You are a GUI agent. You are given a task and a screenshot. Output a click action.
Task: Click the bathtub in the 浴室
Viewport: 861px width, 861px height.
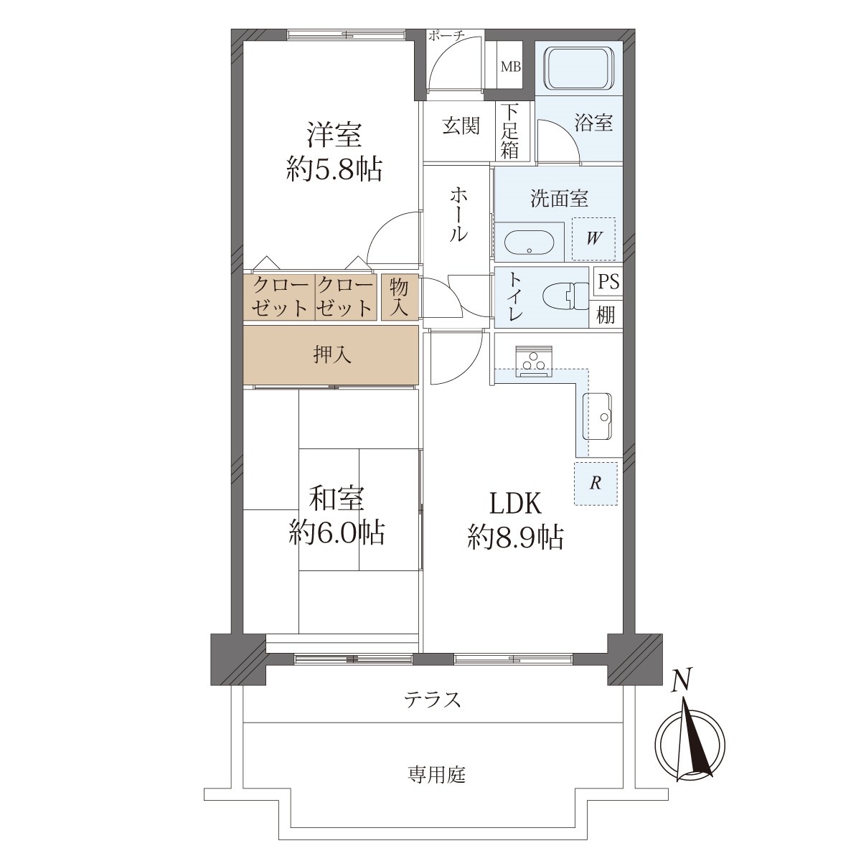click(578, 69)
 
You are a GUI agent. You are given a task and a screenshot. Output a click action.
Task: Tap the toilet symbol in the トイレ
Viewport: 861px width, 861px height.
click(566, 296)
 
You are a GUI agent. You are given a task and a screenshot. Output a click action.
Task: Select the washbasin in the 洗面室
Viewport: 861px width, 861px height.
click(530, 243)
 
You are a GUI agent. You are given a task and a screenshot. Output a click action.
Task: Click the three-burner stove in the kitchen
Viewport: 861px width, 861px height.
click(534, 361)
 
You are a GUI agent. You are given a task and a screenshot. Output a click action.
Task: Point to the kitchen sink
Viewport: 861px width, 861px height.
click(597, 416)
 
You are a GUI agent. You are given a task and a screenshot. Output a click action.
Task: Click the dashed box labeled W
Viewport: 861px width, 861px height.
click(593, 239)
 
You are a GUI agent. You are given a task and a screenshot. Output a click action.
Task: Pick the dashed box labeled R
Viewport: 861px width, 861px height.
click(596, 484)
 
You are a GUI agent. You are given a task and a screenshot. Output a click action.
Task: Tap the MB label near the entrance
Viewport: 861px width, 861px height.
click(510, 67)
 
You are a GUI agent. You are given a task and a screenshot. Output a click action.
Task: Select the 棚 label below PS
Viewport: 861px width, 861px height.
click(606, 315)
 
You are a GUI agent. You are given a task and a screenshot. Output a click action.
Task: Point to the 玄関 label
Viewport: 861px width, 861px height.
click(461, 126)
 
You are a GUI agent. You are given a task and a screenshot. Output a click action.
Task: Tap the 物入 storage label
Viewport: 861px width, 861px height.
click(399, 298)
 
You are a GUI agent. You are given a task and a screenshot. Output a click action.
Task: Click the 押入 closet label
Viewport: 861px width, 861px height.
click(332, 355)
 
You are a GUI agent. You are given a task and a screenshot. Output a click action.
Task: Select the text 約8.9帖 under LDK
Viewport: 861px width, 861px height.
click(515, 537)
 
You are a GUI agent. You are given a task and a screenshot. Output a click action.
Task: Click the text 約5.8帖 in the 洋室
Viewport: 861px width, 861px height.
click(334, 169)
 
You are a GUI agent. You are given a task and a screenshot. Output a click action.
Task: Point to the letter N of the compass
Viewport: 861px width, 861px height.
click(682, 679)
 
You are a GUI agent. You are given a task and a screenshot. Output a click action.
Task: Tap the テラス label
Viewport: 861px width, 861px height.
click(432, 700)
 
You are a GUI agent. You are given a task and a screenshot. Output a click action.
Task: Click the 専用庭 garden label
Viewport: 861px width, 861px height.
click(436, 775)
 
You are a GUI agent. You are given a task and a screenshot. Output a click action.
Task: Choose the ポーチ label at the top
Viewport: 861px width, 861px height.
click(446, 36)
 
